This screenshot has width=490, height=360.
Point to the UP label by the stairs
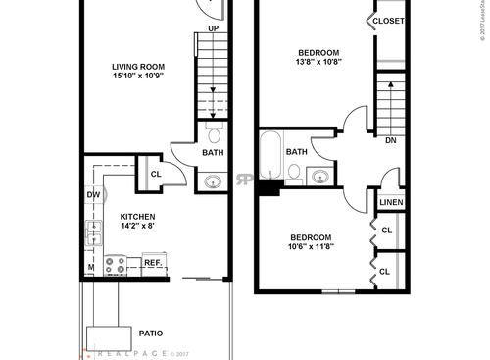(213, 29)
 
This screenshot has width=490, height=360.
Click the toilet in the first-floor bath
(214, 132)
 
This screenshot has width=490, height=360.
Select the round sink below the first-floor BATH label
(214, 180)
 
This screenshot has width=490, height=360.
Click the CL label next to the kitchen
(155, 175)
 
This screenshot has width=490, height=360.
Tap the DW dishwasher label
(94, 195)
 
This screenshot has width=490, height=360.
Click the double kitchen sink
(94, 233)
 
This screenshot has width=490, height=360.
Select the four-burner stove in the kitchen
(115, 265)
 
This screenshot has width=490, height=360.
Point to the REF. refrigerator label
(153, 263)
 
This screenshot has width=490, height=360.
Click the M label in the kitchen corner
(90, 267)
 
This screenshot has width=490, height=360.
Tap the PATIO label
(150, 332)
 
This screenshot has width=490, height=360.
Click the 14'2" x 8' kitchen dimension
(137, 227)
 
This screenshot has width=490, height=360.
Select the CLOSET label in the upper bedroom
(388, 20)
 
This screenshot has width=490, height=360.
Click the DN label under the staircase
(390, 140)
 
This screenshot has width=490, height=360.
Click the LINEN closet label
(391, 203)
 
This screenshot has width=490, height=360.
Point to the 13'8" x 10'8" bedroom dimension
(318, 64)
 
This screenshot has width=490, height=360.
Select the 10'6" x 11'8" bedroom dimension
(311, 248)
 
